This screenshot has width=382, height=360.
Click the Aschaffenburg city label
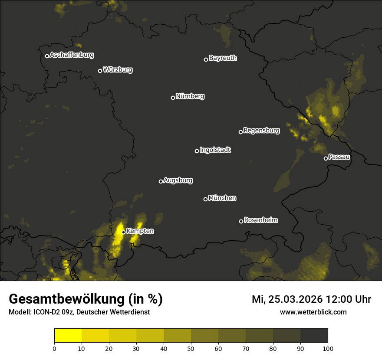coord(72,55)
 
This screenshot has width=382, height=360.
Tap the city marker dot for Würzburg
coord(100,71)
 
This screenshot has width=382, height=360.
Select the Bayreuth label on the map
coord(223,58)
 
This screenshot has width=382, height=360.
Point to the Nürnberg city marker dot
coord(173,98)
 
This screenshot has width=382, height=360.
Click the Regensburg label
coord(261,130)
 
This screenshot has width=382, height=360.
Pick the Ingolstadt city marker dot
coord(197,151)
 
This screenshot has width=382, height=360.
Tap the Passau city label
coord(339,157)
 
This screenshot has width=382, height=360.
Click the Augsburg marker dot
coord(161,181)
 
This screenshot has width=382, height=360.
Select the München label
coord(222,198)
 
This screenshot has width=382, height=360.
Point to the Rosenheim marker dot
coord(241,222)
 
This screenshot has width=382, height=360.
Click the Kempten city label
coord(140,231)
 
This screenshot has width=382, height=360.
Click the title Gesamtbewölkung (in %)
coord(86,299)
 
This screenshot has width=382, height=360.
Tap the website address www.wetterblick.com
coord(313,312)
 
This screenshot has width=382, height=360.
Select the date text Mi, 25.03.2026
coord(287,299)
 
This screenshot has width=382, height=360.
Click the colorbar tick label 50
coord(191,348)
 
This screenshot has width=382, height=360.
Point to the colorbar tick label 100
coord(327,348)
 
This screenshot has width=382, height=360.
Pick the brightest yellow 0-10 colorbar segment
coord(68,336)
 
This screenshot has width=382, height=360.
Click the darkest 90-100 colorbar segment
coord(314,336)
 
